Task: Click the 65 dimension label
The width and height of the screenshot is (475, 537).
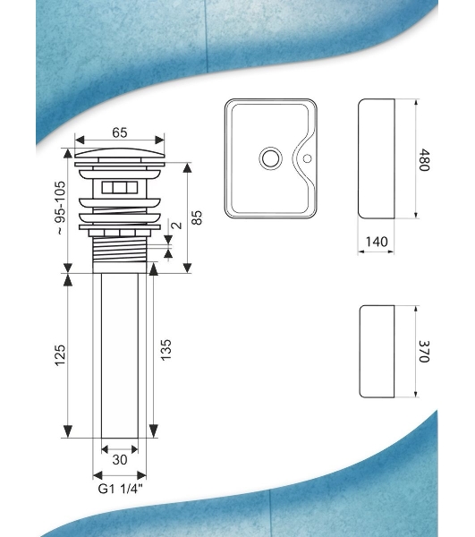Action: [120, 132]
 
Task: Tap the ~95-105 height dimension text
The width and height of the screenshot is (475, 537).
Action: [61, 208]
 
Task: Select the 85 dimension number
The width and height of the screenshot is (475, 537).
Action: [197, 217]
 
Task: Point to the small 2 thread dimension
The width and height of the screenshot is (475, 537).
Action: [176, 226]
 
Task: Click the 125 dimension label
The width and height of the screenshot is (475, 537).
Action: [60, 355]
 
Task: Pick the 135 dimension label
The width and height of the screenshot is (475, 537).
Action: [165, 350]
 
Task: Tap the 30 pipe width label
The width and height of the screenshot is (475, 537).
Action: [120, 460]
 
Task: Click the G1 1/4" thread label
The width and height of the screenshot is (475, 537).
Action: [120, 489]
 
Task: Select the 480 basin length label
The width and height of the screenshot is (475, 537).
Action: [424, 160]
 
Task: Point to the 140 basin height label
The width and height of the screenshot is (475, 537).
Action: [377, 242]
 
